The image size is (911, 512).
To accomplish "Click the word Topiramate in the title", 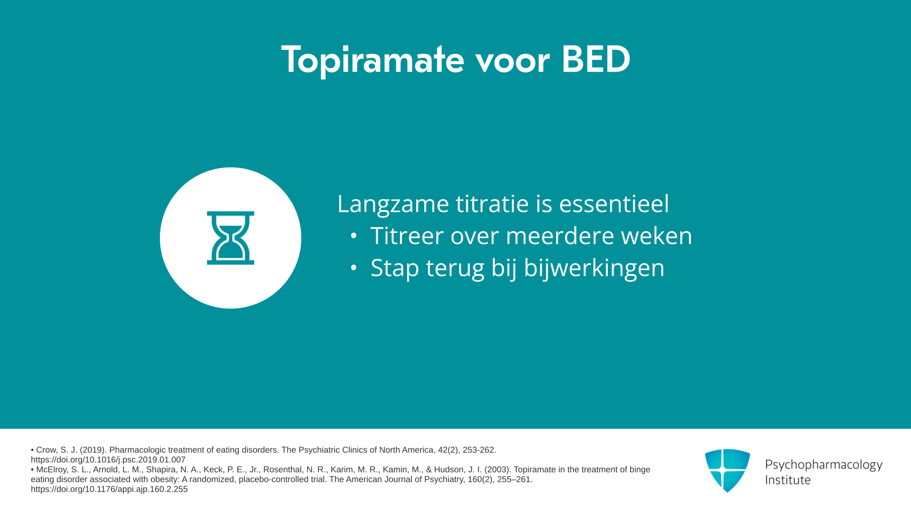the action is tap(372, 60).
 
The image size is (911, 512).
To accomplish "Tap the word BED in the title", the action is tap(596, 60).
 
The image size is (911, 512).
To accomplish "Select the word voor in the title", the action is tap(512, 62).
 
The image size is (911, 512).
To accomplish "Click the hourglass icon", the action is tap(231, 238).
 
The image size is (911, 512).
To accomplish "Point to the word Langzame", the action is tap(393, 204).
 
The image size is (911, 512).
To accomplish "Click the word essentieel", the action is tap(614, 203).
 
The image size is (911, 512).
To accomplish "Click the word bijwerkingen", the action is tap(594, 268).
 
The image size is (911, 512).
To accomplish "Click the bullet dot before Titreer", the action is tap(353, 236).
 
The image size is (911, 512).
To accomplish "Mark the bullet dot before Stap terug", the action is tap(353, 268).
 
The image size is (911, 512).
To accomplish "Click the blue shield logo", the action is tap(727, 470).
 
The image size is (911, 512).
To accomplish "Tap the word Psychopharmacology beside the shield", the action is tap(824, 465).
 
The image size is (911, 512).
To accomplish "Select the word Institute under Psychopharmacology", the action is tap(788, 480).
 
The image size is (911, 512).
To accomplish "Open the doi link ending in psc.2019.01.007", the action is tap(108, 460).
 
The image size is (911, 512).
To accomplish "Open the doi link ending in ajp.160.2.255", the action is tap(109, 489).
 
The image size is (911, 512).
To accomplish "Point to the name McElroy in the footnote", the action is tap(52, 469).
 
